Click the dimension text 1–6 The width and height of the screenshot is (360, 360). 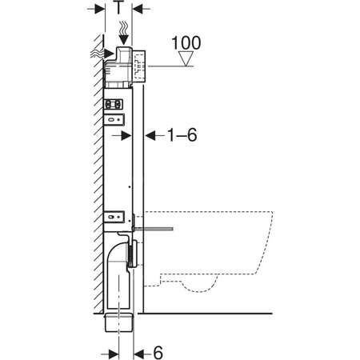point(180,136)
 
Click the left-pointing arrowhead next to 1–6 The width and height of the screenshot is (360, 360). point(149,136)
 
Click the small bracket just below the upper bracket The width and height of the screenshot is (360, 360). point(116,119)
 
